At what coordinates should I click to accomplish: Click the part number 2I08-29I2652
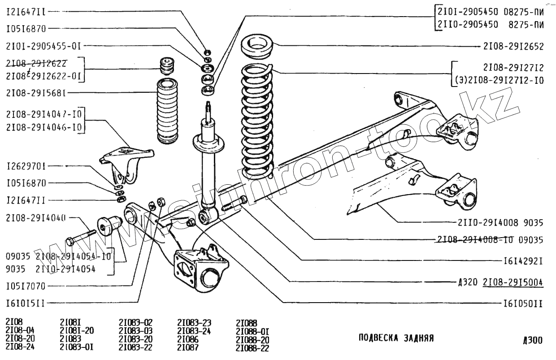[513, 46]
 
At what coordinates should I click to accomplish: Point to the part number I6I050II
[522, 304]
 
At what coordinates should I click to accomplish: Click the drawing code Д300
[532, 341]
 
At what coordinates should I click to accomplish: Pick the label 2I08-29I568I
[36, 93]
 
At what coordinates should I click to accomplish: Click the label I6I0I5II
[26, 303]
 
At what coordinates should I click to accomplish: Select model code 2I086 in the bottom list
[188, 340]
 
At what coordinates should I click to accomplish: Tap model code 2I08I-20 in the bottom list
[77, 331]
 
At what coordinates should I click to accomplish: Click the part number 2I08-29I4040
[36, 218]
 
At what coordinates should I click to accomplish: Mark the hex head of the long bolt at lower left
[69, 242]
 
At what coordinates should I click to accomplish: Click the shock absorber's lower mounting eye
[208, 217]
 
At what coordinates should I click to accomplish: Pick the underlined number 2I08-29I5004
[513, 282]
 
